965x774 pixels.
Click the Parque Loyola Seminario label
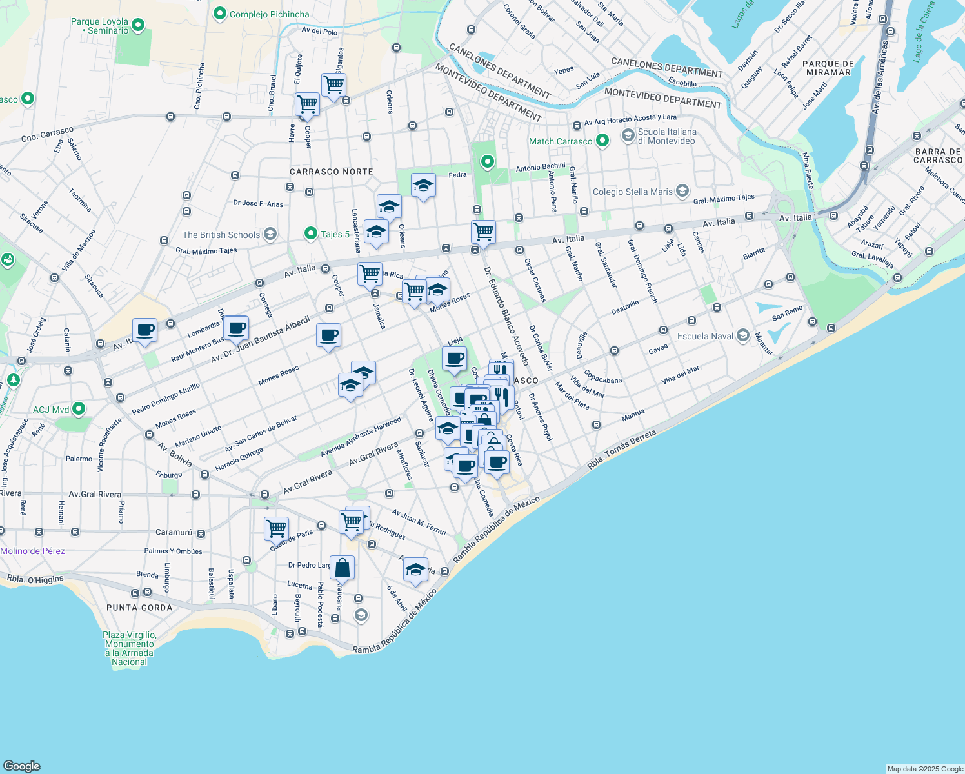click(x=99, y=26)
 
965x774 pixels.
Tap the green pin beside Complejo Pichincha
click(x=219, y=14)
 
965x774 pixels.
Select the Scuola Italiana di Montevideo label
click(x=666, y=136)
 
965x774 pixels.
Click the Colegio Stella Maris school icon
click(x=682, y=192)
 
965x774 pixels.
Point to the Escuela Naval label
click(x=705, y=336)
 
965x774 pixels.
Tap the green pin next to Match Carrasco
click(x=602, y=141)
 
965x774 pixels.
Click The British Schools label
click(x=221, y=235)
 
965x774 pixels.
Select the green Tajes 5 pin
click(x=310, y=233)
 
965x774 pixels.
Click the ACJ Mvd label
click(x=51, y=410)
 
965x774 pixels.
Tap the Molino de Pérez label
click(x=33, y=551)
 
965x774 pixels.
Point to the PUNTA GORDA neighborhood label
click(x=139, y=608)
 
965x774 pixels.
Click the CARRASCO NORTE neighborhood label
click(x=331, y=172)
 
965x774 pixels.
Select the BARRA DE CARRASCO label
click(x=937, y=155)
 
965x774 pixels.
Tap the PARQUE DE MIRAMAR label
click(x=829, y=68)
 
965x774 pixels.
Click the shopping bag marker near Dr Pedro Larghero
click(x=342, y=568)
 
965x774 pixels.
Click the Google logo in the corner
click(x=21, y=766)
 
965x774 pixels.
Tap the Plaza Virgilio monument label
click(x=129, y=648)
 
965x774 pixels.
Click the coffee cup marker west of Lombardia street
click(x=144, y=330)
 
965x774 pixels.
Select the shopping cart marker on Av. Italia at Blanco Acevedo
click(x=483, y=232)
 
